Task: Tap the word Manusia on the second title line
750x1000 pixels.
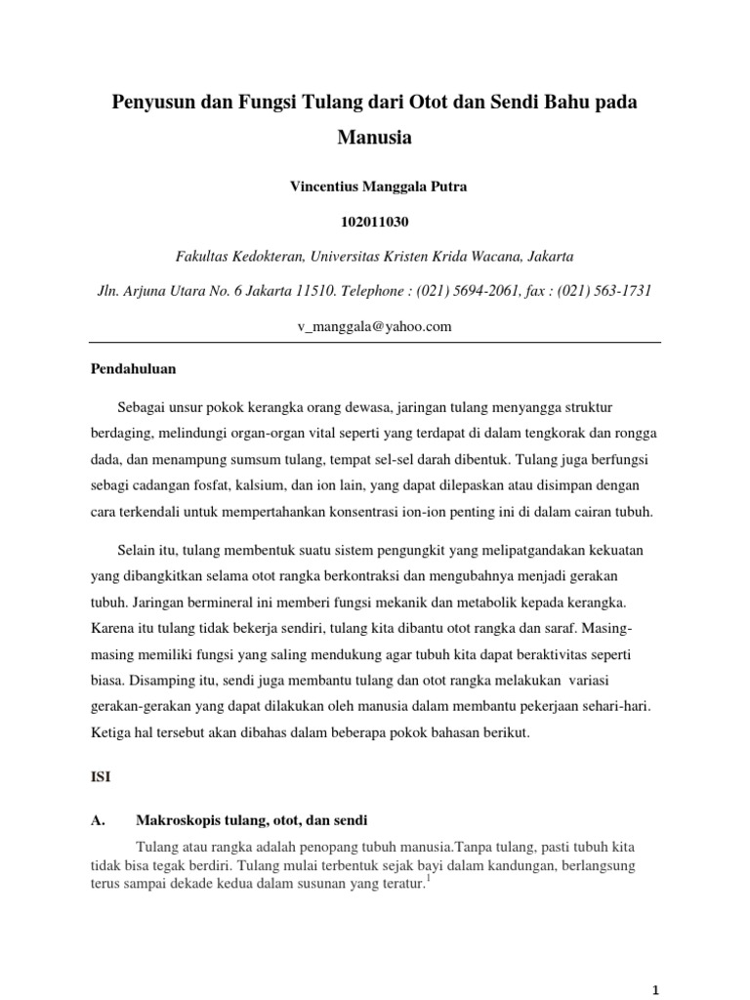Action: (374, 138)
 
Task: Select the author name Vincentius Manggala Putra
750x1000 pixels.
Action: (375, 187)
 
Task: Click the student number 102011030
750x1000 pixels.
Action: (375, 223)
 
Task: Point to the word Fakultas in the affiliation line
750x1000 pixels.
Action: (201, 257)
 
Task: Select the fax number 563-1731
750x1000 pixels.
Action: (619, 291)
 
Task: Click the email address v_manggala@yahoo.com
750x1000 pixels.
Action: (375, 327)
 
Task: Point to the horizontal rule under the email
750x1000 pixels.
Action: (375, 342)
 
